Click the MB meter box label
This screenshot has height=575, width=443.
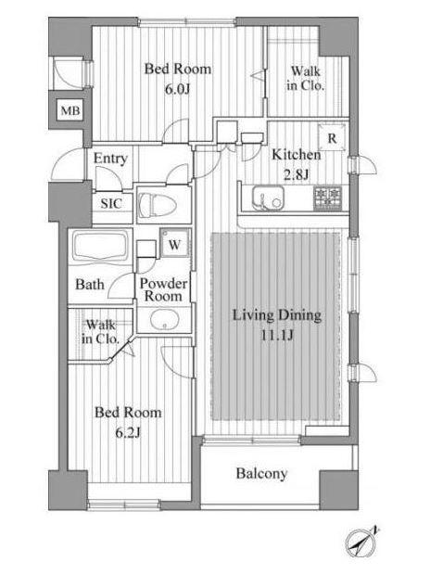(x=70, y=110)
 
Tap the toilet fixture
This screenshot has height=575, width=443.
(x=158, y=204)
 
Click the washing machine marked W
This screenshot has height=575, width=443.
(x=174, y=243)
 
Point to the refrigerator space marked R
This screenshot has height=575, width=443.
(x=332, y=138)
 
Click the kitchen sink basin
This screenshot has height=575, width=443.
(x=268, y=198)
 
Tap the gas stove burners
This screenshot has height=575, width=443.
(x=327, y=198)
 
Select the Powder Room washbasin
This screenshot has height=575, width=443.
(x=165, y=319)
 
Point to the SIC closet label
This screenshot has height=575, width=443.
(x=111, y=203)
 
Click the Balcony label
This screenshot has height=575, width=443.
(x=261, y=473)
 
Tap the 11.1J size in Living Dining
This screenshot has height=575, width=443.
(x=277, y=335)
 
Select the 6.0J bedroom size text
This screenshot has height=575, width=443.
(x=177, y=89)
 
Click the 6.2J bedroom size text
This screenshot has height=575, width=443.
(x=128, y=433)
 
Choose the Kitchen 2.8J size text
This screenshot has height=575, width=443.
(x=297, y=174)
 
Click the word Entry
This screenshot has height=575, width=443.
(x=110, y=159)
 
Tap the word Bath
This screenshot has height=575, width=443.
(x=90, y=285)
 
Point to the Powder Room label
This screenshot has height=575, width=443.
(x=163, y=289)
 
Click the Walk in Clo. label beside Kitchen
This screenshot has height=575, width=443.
(x=306, y=78)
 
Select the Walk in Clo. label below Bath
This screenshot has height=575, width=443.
(x=100, y=331)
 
